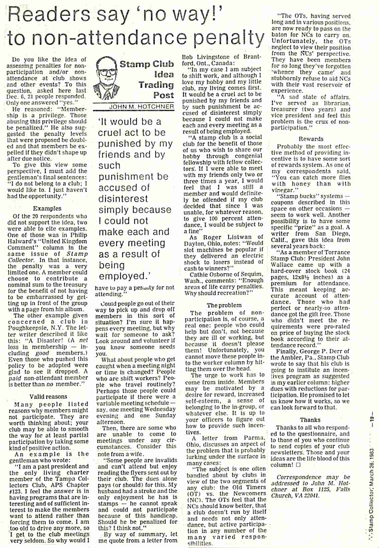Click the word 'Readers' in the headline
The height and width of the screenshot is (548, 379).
pyautogui.click(x=48, y=15)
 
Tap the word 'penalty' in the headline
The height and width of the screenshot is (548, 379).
pyautogui.click(x=229, y=38)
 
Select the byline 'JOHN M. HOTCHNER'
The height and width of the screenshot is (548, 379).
pyautogui.click(x=141, y=107)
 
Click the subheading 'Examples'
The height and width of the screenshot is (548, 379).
pyautogui.click(x=47, y=208)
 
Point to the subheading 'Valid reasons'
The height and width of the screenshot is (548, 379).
pyautogui.click(x=48, y=396)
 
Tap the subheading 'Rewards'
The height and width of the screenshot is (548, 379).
pyautogui.click(x=311, y=139)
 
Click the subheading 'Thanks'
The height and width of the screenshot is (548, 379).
pyautogui.click(x=310, y=420)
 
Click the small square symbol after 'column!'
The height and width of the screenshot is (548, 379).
pyautogui.click(x=298, y=465)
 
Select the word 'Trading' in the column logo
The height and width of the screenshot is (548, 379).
pyautogui.click(x=156, y=85)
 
